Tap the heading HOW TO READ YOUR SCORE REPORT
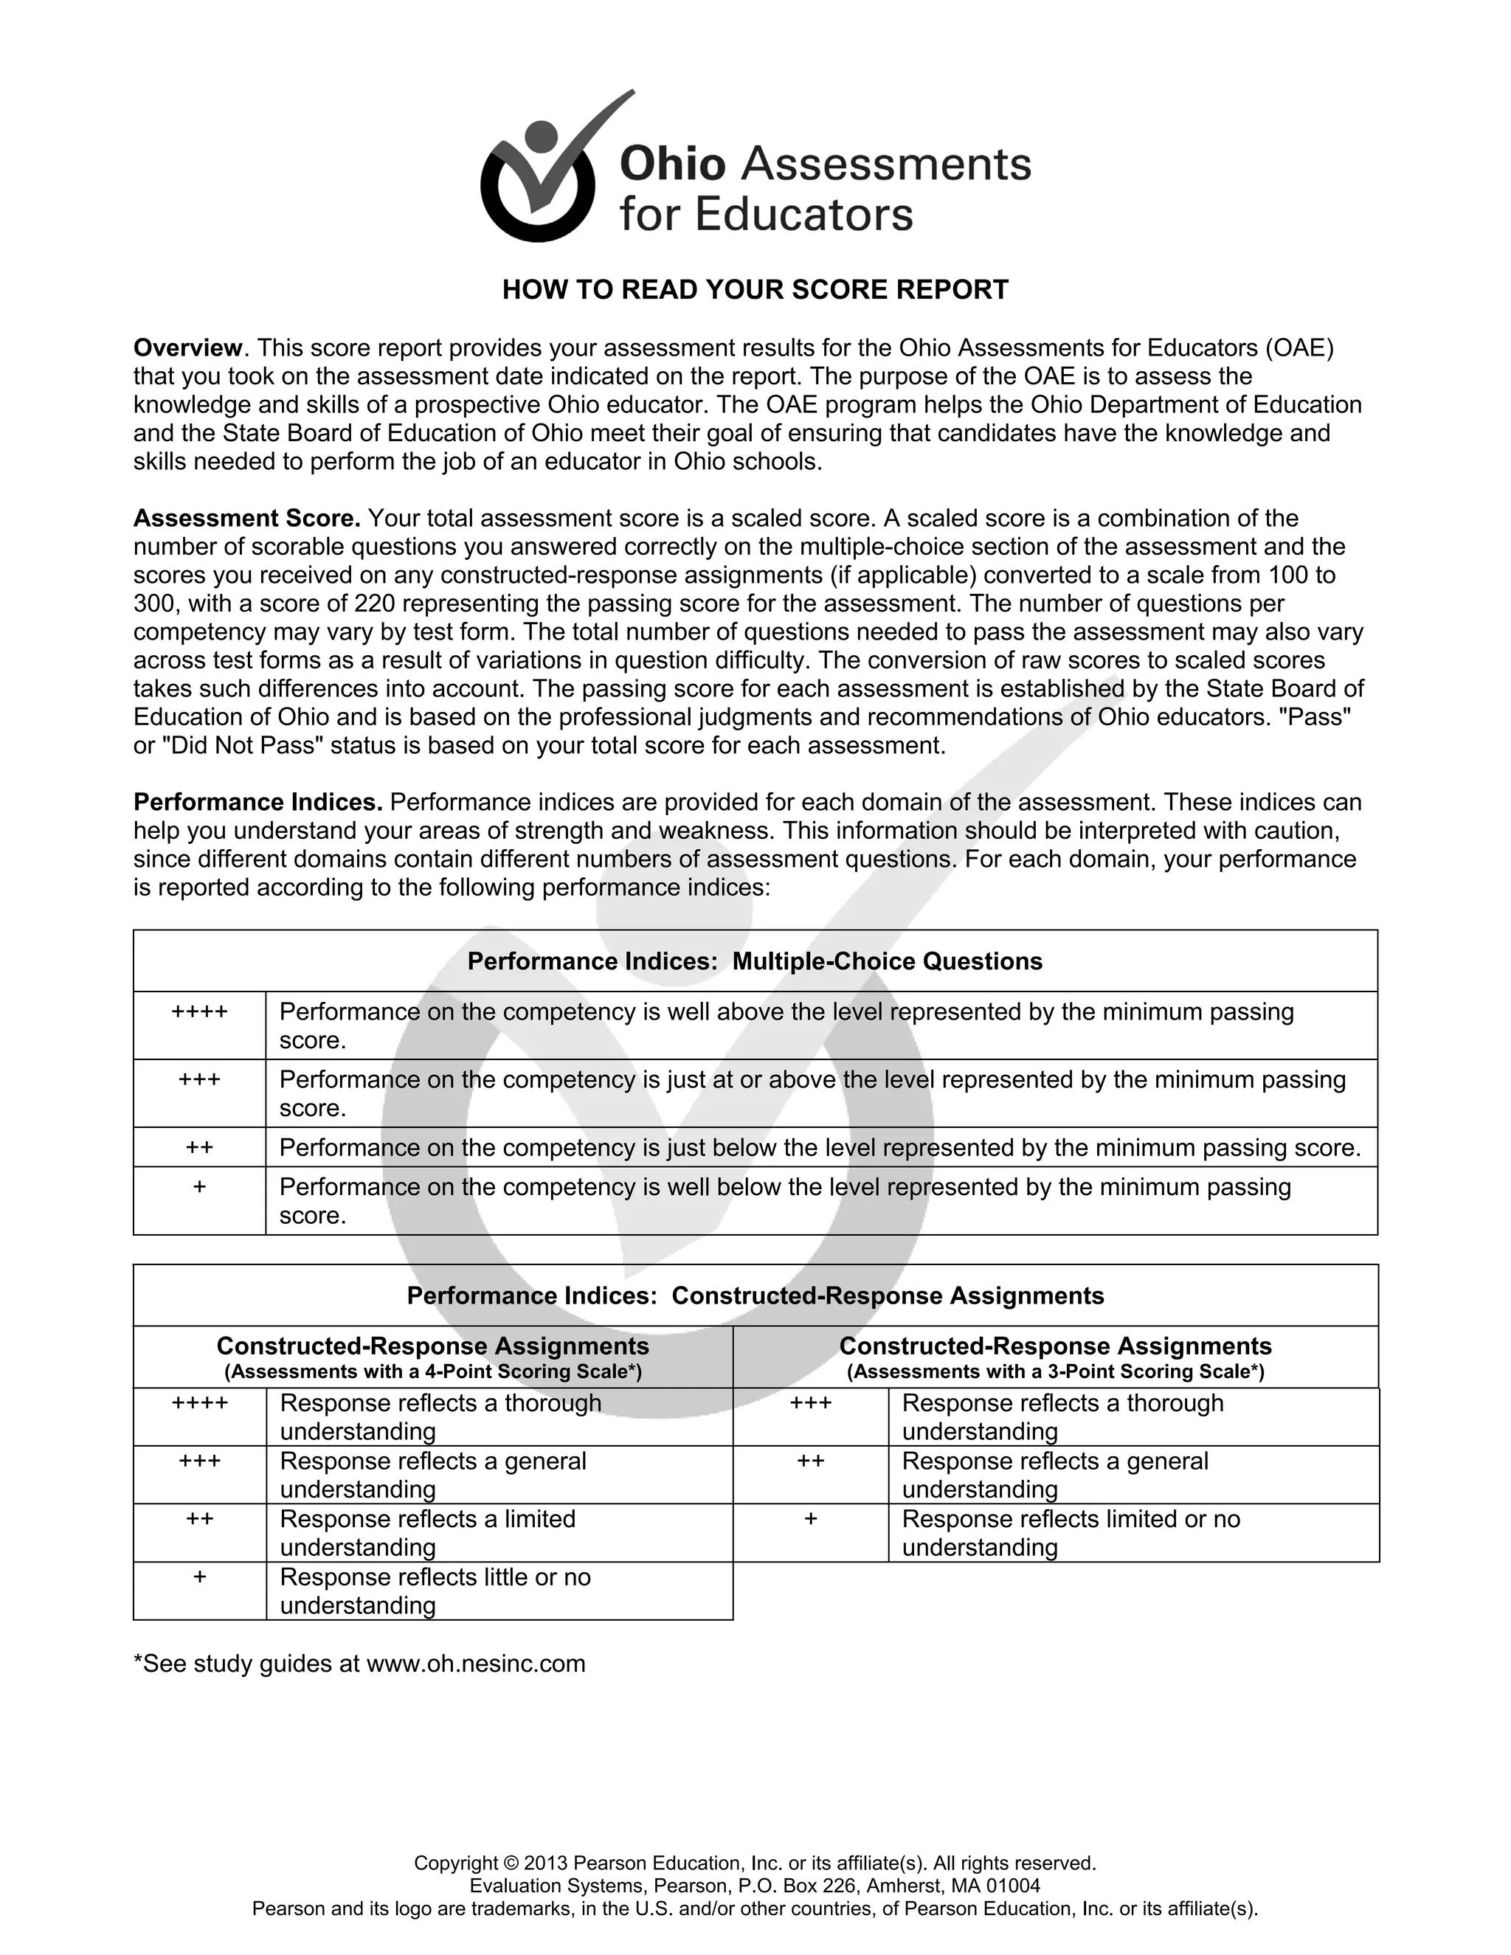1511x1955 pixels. point(755,290)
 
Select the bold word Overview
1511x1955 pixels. point(188,347)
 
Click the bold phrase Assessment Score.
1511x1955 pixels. point(247,519)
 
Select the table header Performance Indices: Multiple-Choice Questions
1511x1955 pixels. point(755,961)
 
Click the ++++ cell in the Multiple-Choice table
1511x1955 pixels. point(200,1012)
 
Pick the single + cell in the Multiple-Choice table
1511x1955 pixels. point(200,1188)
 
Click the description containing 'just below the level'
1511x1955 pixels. point(820,1148)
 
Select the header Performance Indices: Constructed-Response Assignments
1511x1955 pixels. point(755,1296)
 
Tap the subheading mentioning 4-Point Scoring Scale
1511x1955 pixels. point(432,1371)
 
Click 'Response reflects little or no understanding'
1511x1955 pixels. point(435,1591)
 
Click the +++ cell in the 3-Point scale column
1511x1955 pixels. point(810,1404)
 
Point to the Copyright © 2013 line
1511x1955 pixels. point(755,1863)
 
